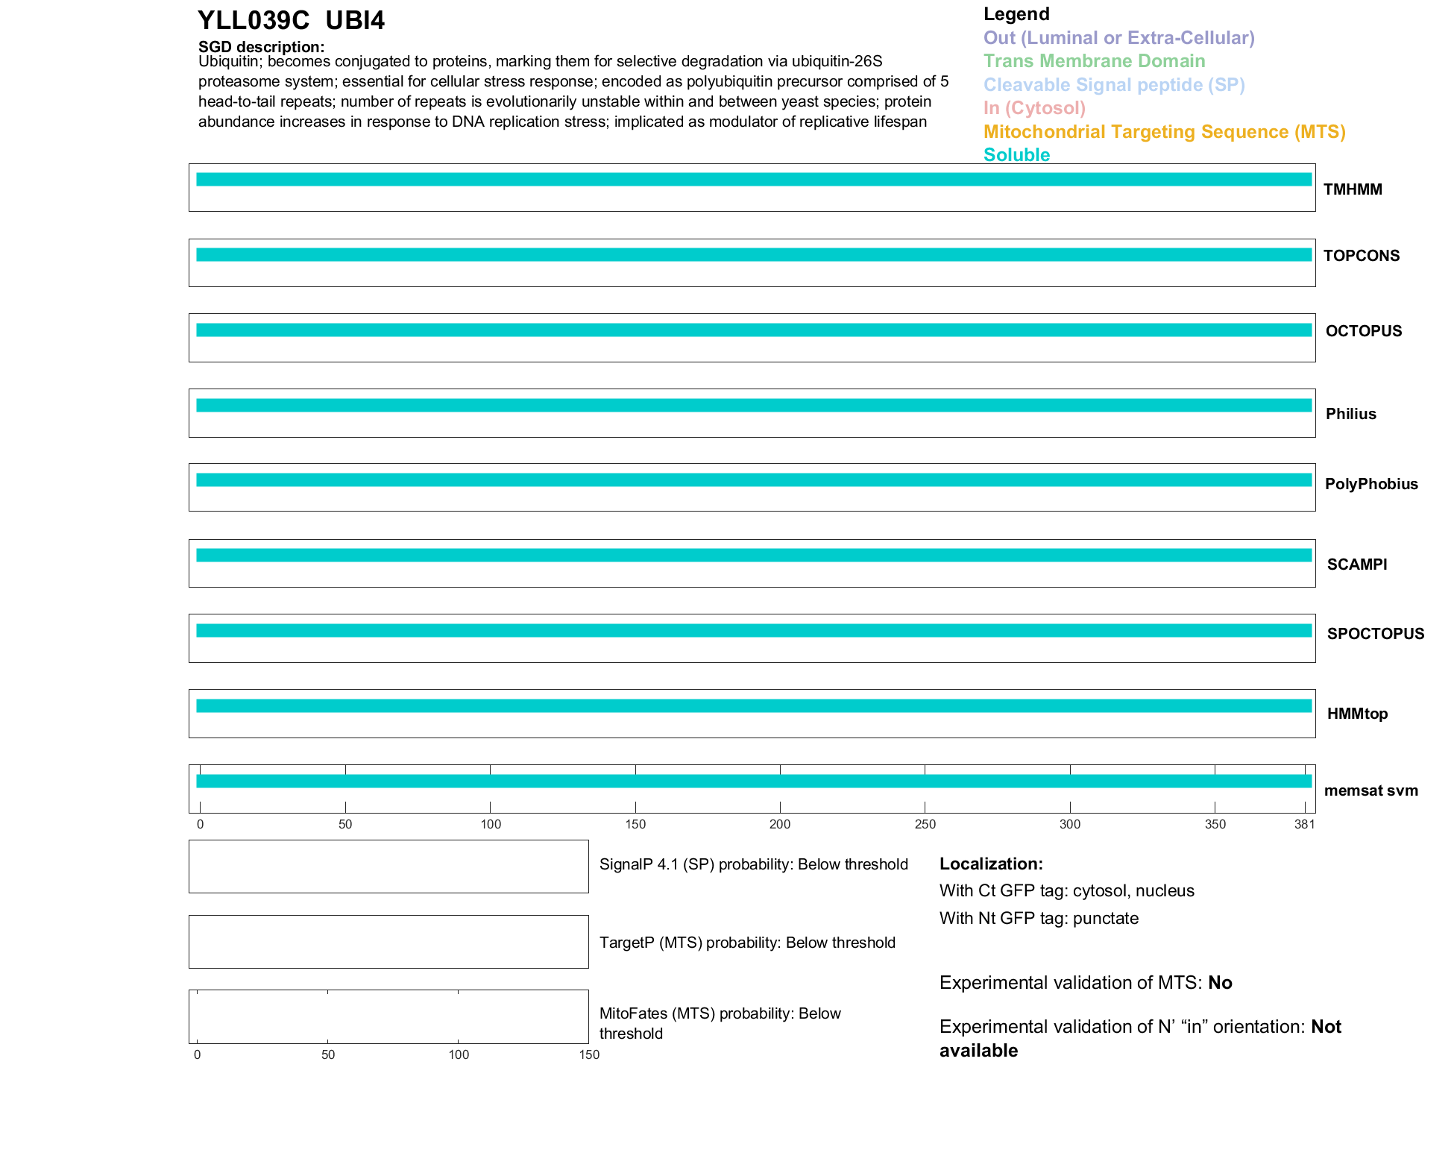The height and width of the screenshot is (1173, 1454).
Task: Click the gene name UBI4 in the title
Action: pos(355,20)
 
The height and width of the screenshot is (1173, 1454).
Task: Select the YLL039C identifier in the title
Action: pos(254,20)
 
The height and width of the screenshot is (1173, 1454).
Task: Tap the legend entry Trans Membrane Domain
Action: pos(1094,61)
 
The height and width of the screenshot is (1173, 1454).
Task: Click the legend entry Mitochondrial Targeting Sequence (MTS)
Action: pos(1164,132)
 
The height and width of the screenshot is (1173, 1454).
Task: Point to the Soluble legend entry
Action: pos(1016,155)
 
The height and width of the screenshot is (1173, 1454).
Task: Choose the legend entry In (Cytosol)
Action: pos(1034,108)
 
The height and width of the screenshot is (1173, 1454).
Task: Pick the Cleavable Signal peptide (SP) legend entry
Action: pos(1114,85)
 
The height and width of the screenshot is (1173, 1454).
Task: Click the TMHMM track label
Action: pos(1353,189)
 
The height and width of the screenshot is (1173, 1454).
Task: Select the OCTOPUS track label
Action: pos(1363,331)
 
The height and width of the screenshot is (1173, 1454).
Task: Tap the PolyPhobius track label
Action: pos(1371,484)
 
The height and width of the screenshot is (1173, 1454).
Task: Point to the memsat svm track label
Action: pos(1370,790)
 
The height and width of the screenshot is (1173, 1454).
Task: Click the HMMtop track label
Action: pos(1357,714)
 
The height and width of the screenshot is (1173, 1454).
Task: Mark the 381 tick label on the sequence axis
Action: pos(1304,824)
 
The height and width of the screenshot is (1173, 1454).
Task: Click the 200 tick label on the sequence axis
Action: pos(780,824)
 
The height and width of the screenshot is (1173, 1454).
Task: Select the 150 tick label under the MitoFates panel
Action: pos(589,1054)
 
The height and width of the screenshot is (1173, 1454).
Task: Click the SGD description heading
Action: pos(261,47)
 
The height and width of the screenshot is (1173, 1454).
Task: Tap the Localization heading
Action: pos(991,864)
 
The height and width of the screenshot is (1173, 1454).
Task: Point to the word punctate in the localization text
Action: pos(1106,918)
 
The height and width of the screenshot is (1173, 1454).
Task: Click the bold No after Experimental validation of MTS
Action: pos(1220,983)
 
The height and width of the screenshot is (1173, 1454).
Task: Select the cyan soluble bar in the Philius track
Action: pos(753,406)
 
